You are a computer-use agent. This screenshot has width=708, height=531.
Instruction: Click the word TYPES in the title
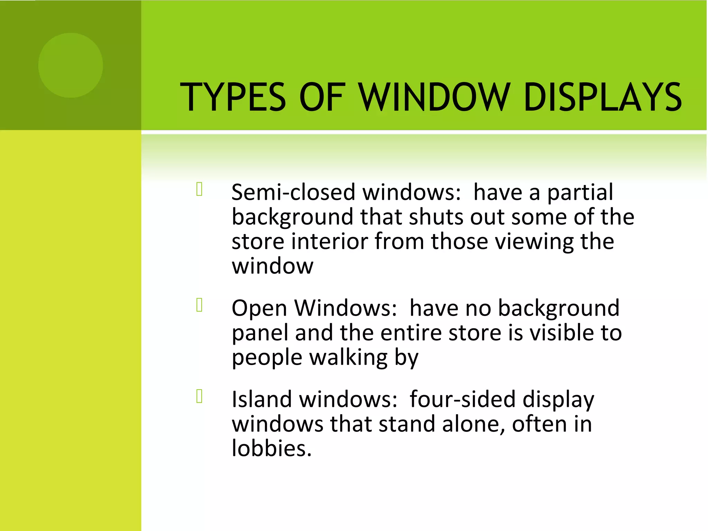point(233,97)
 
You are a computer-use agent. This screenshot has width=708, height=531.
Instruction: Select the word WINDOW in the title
point(434,97)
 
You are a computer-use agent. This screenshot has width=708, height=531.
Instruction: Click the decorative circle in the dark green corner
point(71,65)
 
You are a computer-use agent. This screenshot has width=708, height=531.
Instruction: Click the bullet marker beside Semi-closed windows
point(199,189)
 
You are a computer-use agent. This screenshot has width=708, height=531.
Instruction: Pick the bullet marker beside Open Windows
point(199,305)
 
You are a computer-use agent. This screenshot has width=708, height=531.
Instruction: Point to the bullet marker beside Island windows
point(199,396)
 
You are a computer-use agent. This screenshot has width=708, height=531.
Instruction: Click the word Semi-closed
point(293,192)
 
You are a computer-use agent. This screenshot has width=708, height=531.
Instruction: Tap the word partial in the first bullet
point(580,192)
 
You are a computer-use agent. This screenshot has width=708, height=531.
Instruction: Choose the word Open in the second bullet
point(259,309)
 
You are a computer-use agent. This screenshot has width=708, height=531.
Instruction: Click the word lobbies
point(272,449)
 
